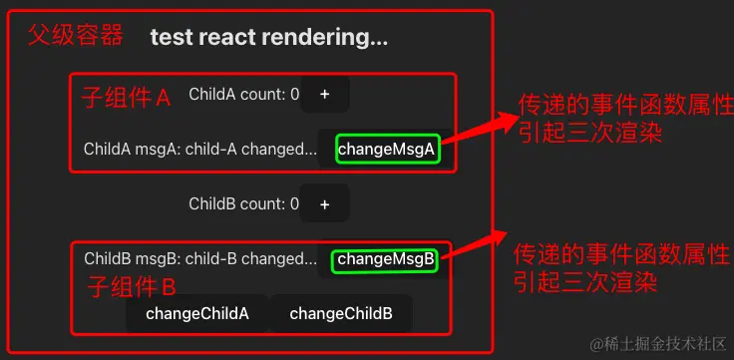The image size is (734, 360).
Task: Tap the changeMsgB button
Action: tap(385, 260)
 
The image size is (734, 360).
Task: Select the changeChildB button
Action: tap(341, 314)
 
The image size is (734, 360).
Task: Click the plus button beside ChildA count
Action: tap(324, 95)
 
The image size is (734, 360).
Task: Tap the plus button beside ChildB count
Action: tap(324, 204)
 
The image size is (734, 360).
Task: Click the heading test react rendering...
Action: tap(268, 39)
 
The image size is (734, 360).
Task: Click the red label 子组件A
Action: tap(126, 98)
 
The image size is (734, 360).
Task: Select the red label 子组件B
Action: tap(132, 288)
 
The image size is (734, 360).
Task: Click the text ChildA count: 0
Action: tap(243, 95)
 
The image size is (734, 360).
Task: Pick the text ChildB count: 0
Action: tap(243, 204)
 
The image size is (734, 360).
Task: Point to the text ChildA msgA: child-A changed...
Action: tap(199, 150)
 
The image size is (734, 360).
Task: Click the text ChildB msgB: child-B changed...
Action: tap(199, 259)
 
